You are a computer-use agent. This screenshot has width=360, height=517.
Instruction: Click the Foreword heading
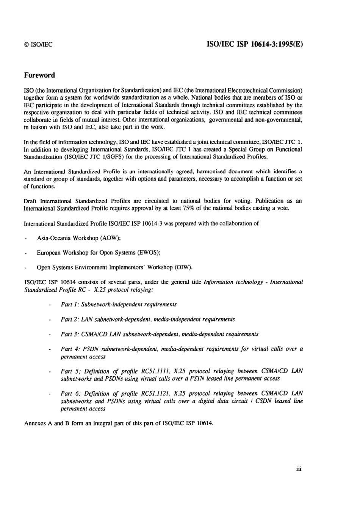[x=39, y=75]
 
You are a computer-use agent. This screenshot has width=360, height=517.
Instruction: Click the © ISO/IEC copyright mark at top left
[x=38, y=44]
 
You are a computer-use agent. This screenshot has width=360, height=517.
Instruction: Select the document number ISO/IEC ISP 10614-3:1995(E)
[x=254, y=44]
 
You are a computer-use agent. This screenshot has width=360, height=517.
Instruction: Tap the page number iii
[x=299, y=469]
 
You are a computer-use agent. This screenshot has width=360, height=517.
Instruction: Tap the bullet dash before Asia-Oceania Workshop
[x=25, y=239]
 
